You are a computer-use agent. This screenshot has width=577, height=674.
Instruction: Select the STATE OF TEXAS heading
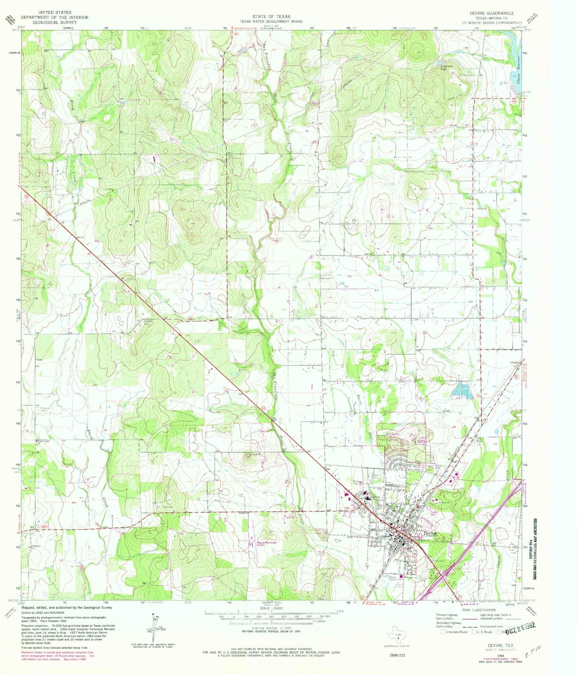[x=271, y=17]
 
